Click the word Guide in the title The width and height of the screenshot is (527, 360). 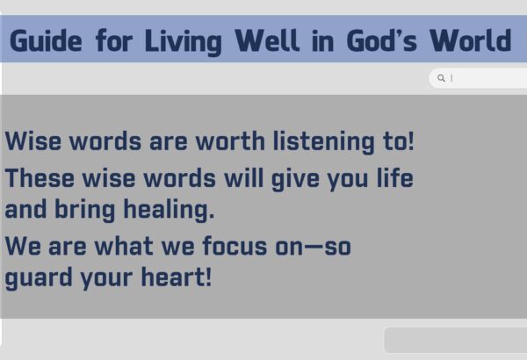46,41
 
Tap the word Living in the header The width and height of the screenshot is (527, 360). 184,42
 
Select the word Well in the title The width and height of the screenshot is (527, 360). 267,40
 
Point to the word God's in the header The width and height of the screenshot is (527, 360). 381,40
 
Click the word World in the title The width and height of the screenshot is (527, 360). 471,40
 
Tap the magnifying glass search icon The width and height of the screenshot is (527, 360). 441,78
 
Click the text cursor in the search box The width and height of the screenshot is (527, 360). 451,78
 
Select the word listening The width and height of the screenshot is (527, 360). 323,142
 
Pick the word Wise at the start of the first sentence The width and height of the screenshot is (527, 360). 33,140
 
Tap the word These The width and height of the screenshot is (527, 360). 40,178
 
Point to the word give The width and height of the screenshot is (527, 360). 295,179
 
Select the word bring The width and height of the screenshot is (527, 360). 85,211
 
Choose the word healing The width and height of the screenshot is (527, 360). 169,211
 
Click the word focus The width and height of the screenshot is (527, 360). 235,246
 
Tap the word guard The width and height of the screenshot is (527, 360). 39,278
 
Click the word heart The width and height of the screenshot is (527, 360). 177,277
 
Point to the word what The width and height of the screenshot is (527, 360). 124,246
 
